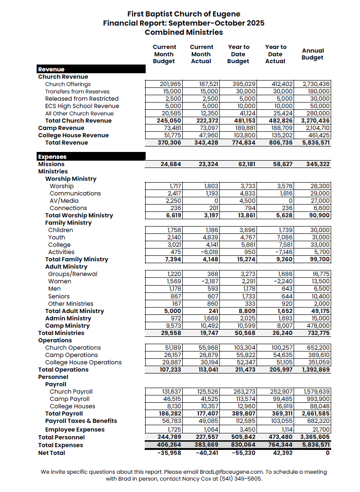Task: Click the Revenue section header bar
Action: click(91, 70)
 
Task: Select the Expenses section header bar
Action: click(91, 157)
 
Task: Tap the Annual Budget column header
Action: click(313, 54)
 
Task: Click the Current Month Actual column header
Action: click(202, 54)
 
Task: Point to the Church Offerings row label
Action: click(68, 84)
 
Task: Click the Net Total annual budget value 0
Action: click(327, 453)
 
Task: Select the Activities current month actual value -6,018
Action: click(208, 252)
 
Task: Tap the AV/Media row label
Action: click(64, 201)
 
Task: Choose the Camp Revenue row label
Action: click(61, 128)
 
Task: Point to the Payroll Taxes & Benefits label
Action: click(81, 421)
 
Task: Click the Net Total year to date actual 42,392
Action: click(281, 453)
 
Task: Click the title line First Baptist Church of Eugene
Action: click(184, 14)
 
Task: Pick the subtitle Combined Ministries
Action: click(184, 32)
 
